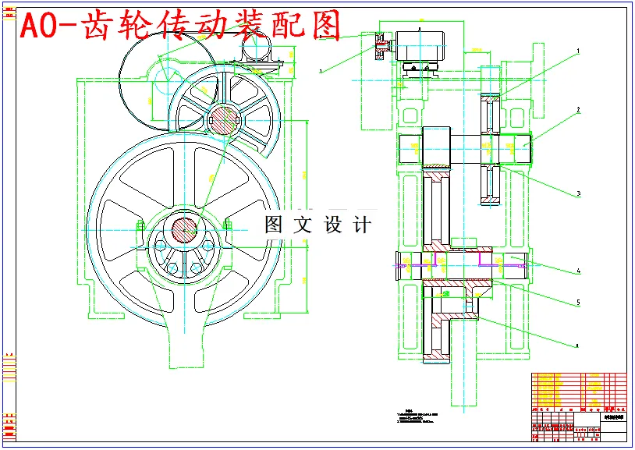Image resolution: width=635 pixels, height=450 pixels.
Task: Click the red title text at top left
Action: (x=180, y=26)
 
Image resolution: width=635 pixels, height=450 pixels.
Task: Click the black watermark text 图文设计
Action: (x=317, y=225)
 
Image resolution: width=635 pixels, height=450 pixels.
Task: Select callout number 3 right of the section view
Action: (x=578, y=193)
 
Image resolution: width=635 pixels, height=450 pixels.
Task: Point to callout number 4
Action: (x=578, y=271)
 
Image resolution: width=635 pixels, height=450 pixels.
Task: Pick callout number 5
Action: (x=578, y=302)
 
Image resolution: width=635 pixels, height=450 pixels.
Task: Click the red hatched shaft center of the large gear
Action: (x=184, y=230)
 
